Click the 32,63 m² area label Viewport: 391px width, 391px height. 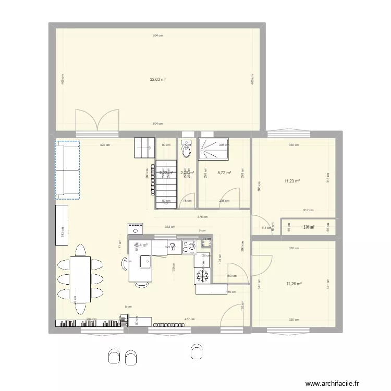(x=157, y=80)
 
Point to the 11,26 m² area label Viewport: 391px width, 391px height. (x=294, y=284)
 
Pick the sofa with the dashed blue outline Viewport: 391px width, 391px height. (x=67, y=169)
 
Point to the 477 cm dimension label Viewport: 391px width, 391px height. (x=189, y=319)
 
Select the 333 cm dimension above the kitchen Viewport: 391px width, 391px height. (x=170, y=227)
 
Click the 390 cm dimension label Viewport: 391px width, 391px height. (x=104, y=145)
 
